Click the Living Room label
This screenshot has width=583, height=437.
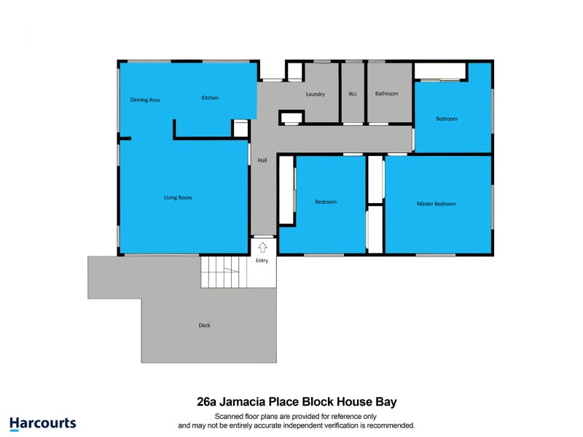tap(178, 197)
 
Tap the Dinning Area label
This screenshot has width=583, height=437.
tap(145, 100)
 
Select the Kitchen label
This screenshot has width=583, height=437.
tap(210, 98)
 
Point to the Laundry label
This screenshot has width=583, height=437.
tap(315, 94)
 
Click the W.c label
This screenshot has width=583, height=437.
tap(353, 94)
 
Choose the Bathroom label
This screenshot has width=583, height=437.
tap(386, 94)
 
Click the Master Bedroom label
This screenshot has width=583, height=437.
tap(436, 204)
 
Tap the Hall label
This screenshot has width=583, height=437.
tap(262, 160)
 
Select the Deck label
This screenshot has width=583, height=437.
tap(204, 326)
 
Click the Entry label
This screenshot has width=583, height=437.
tap(262, 261)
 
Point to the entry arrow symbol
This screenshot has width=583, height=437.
tap(262, 247)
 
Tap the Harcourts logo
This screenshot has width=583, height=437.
tap(42, 422)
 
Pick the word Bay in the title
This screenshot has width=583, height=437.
tap(385, 401)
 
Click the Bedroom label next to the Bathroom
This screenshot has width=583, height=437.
tap(447, 119)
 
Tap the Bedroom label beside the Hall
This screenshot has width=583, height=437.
tap(326, 202)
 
